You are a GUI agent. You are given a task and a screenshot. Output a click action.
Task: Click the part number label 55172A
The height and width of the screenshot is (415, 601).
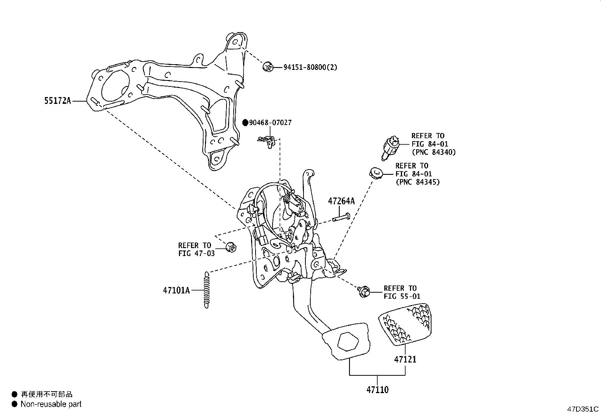tap(57, 101)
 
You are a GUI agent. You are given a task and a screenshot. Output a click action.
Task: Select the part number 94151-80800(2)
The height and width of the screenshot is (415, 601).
tap(310, 68)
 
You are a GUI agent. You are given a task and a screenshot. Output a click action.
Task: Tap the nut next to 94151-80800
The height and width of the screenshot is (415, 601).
tap(268, 67)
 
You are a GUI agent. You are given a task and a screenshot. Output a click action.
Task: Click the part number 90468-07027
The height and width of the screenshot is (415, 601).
tap(270, 123)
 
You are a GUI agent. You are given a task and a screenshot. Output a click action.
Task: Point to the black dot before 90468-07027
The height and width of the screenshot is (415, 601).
tap(245, 123)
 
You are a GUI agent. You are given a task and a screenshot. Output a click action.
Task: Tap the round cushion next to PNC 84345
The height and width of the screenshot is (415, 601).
tap(376, 174)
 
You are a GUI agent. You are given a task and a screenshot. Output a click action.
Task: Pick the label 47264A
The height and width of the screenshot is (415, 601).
tap(341, 201)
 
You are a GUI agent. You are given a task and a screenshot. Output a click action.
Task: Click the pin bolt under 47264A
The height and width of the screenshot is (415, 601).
tap(341, 218)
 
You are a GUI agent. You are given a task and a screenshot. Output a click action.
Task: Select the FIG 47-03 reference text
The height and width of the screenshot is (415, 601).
tap(196, 253)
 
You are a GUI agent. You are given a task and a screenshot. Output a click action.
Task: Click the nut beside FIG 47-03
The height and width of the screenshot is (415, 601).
tap(230, 247)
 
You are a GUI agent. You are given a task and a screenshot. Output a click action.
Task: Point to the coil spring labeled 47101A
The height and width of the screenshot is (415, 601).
tap(206, 290)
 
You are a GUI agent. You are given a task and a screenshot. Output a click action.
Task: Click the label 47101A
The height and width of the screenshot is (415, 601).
tap(176, 290)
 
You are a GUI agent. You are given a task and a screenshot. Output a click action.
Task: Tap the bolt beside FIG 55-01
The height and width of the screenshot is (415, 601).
tap(364, 291)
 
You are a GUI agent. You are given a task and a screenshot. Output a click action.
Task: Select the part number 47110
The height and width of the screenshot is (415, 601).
tap(377, 389)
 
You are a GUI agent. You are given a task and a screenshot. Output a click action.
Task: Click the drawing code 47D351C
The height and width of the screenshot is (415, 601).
tap(583, 409)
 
